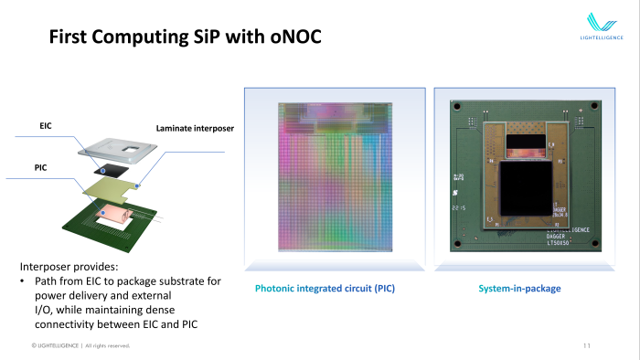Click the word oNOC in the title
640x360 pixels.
(288, 38)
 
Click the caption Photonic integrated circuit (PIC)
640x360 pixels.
(332, 289)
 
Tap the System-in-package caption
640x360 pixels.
(519, 289)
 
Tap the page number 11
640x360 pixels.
(587, 345)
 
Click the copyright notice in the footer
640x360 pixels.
(80, 345)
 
